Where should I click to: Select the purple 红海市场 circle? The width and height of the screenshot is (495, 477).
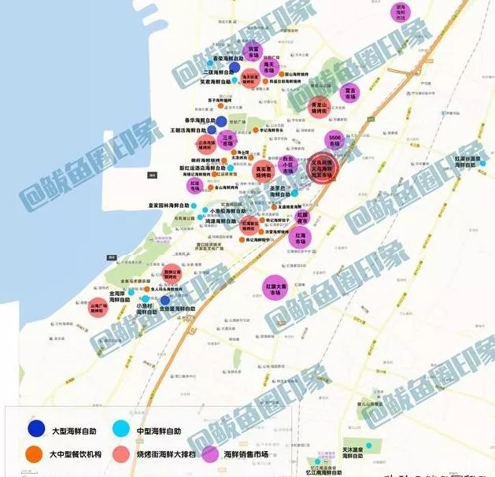click(x=300, y=238)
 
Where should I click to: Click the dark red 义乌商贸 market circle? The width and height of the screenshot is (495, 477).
click(x=322, y=168)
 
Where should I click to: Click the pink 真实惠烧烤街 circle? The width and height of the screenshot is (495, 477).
click(x=264, y=172)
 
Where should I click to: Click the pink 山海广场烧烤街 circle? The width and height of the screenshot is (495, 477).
click(x=99, y=308)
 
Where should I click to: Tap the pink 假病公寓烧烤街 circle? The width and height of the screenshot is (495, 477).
click(x=172, y=274)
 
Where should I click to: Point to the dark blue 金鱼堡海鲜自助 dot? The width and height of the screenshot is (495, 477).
click(x=165, y=300)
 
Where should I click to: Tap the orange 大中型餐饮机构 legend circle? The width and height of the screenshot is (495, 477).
click(x=34, y=454)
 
